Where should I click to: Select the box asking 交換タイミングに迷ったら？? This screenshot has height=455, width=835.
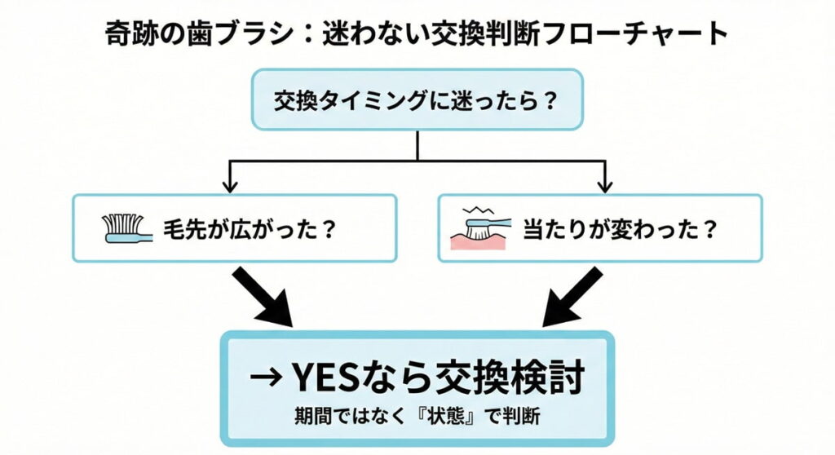(x=417, y=99)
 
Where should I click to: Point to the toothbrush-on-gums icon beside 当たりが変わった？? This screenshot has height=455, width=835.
(x=480, y=229)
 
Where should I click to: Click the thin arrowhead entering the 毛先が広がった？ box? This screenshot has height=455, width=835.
(x=231, y=184)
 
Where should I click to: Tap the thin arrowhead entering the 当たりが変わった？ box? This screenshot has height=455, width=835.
(x=604, y=184)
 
